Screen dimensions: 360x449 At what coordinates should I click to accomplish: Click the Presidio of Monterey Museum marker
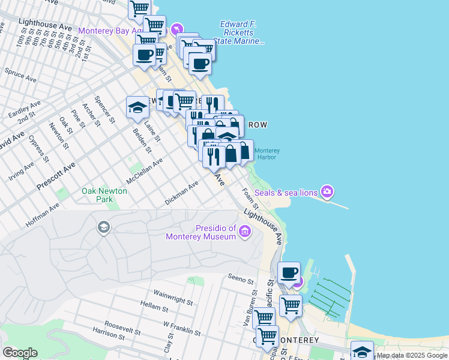[244, 232]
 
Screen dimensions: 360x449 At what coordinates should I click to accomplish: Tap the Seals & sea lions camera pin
[327, 192]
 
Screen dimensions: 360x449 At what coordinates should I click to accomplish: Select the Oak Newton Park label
[104, 194]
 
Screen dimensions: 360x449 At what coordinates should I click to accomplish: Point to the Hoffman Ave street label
[43, 215]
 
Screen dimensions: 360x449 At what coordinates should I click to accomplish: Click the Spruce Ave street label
[21, 76]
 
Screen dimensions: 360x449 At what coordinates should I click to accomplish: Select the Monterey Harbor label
[266, 154]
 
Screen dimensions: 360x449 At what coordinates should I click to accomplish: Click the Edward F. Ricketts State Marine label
[238, 32]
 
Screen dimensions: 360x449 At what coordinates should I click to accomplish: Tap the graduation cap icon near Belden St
[137, 108]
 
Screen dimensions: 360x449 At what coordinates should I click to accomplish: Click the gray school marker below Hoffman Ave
[103, 227]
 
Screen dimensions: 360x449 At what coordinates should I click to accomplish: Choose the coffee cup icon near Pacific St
[289, 272]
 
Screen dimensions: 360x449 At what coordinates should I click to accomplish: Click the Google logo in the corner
[20, 353]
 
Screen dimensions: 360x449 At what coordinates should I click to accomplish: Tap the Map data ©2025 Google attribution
[412, 356]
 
